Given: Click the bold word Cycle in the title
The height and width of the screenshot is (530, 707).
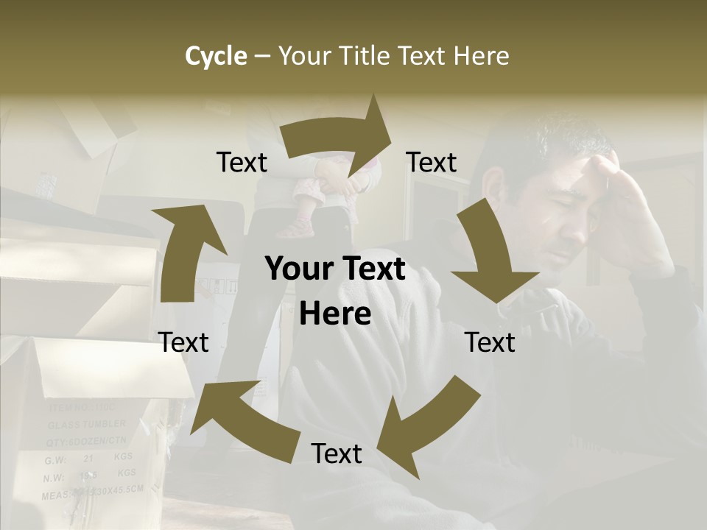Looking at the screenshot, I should (x=216, y=56).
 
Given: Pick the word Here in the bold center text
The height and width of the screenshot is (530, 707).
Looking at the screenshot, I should (x=335, y=314).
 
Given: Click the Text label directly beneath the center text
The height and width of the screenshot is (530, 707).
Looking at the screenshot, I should (x=336, y=453).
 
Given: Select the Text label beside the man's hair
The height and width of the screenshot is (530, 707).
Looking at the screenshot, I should (x=432, y=162).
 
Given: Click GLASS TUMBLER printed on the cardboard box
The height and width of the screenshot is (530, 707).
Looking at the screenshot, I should (x=87, y=425).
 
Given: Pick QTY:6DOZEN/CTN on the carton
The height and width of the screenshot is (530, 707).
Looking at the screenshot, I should (x=87, y=442).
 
